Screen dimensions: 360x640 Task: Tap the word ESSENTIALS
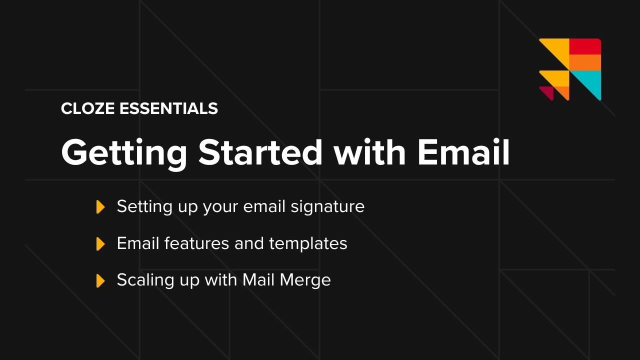click(168, 108)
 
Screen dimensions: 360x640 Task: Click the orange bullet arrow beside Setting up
click(100, 206)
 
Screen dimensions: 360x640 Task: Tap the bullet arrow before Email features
click(100, 243)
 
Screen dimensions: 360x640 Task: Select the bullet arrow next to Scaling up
click(100, 280)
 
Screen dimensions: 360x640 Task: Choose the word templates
click(308, 243)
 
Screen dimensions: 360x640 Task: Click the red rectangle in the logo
click(585, 46)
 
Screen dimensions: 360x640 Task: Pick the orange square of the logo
click(585, 62)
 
